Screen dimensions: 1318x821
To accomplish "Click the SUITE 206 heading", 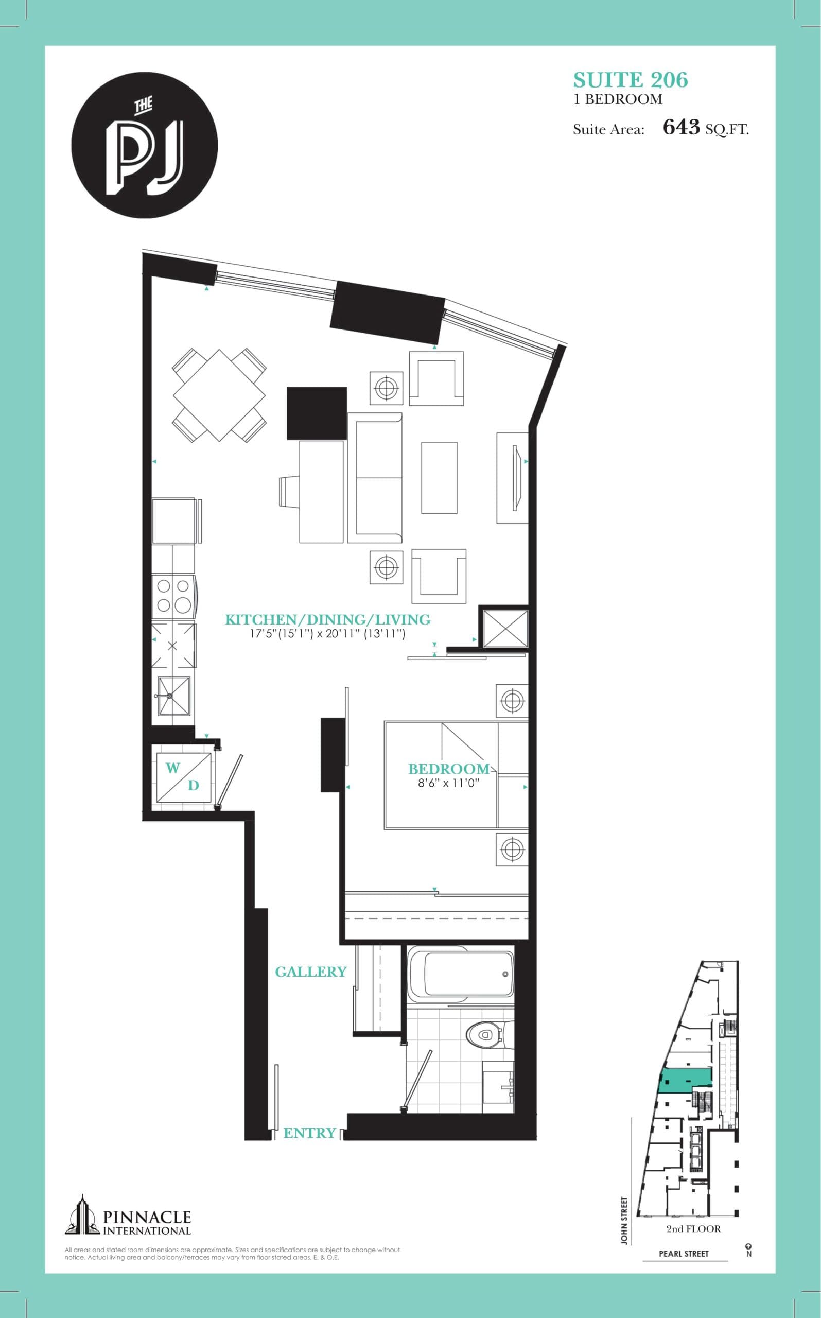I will coord(631,80).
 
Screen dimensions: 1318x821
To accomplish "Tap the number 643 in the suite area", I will coord(681,127).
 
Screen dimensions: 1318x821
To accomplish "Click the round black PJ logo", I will coord(145,146).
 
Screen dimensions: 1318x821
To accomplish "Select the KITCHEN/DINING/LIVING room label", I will coord(327,620).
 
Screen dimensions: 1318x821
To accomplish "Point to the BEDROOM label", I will coord(448,769).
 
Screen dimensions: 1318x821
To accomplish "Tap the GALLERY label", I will coord(310,972).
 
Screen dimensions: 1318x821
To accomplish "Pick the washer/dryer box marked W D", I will coord(183,776).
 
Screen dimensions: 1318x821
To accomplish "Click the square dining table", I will coord(219,395).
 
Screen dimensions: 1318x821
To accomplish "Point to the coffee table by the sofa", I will coord(439,478).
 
